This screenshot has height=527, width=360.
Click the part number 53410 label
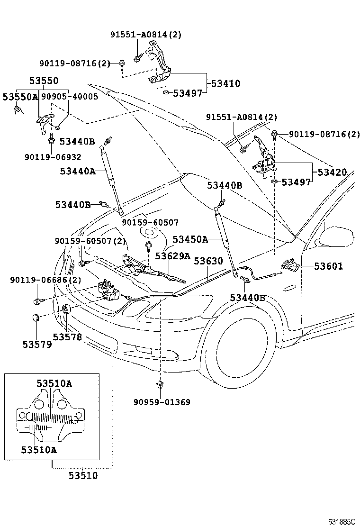(225, 84)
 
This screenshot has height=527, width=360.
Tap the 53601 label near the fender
(328, 266)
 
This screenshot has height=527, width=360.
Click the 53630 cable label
(208, 261)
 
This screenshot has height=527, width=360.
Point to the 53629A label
(172, 256)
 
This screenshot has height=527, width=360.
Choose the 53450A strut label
(190, 239)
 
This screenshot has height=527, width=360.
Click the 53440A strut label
(78, 171)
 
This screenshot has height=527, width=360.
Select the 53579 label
(37, 344)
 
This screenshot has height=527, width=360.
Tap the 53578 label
(67, 337)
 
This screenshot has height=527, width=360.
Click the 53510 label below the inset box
(83, 475)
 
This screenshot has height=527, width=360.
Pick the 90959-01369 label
(162, 402)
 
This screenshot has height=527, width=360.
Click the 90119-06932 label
(53, 157)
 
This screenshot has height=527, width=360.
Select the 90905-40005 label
(69, 97)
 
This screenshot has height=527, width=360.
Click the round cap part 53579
(36, 318)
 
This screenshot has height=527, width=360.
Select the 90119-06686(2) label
(45, 280)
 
